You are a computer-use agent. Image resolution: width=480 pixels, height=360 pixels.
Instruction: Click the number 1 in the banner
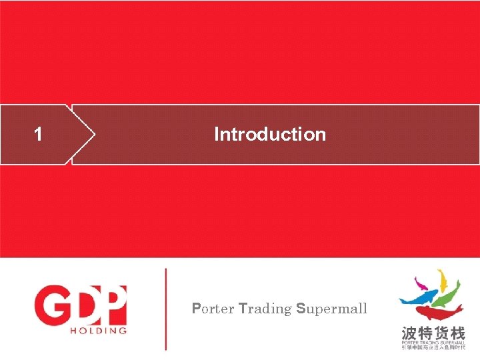(x=39, y=134)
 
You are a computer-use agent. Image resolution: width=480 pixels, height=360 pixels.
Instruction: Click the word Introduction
(x=270, y=134)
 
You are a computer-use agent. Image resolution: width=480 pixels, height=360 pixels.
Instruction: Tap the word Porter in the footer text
(x=213, y=309)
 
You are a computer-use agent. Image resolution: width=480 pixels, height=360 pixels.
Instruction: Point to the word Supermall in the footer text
(x=331, y=309)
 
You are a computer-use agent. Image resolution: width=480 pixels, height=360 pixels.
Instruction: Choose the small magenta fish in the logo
(x=421, y=284)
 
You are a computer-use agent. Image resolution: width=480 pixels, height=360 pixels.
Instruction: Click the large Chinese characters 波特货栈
(x=433, y=332)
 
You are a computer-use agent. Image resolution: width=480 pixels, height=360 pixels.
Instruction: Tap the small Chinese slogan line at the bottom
(x=433, y=348)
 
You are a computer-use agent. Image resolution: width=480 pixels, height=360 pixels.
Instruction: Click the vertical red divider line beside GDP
(x=166, y=309)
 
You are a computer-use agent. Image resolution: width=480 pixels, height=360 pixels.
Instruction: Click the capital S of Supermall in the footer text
(x=301, y=309)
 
